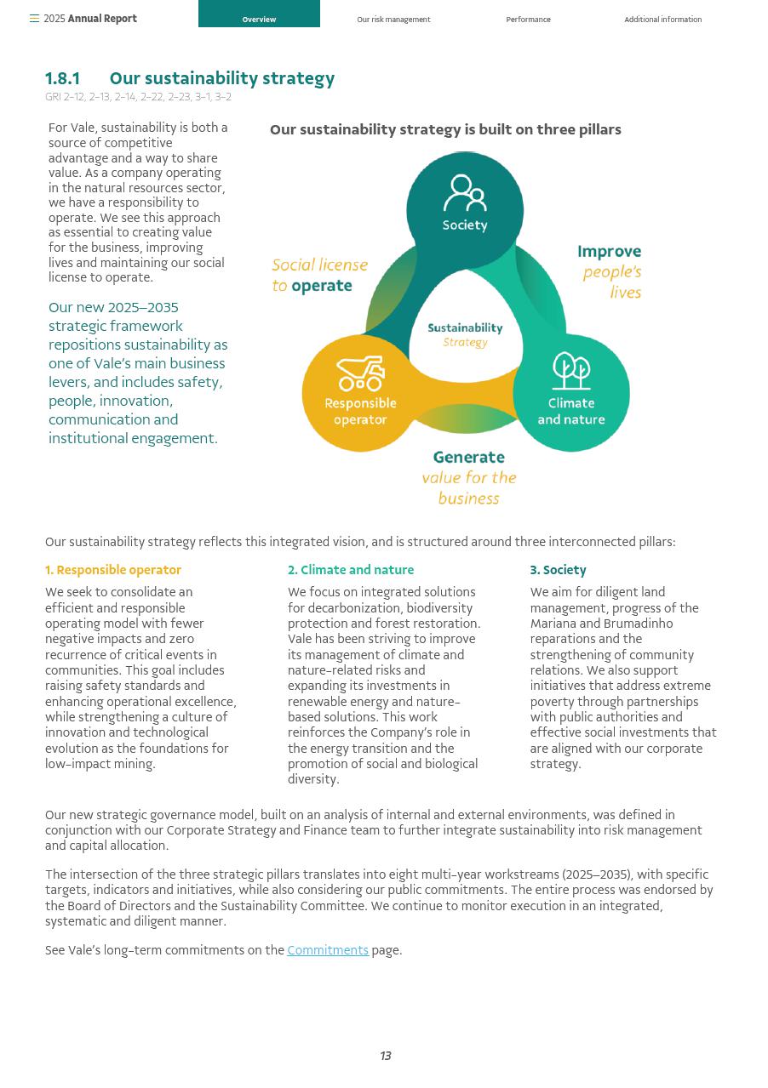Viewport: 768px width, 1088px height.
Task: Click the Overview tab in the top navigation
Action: click(259, 19)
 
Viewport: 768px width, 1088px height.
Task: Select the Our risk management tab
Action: click(393, 20)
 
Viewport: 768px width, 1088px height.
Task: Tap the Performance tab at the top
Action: click(528, 20)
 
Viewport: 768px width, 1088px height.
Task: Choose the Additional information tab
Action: click(662, 20)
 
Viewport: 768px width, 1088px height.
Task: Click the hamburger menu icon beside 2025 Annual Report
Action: click(34, 19)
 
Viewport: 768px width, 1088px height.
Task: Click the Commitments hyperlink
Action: click(328, 950)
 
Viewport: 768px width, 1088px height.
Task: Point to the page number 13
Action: click(386, 1056)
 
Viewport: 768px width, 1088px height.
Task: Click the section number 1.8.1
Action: click(63, 79)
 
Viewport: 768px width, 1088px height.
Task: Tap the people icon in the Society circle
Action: click(465, 193)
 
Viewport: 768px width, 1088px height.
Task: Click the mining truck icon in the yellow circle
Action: click(360, 373)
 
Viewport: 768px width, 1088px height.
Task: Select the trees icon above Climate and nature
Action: click(571, 372)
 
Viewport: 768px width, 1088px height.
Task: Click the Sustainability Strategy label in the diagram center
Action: click(465, 334)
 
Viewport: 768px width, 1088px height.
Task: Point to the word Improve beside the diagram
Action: click(609, 252)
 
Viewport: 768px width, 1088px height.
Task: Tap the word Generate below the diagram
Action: click(468, 458)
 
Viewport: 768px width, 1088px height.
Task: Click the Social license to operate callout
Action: click(319, 275)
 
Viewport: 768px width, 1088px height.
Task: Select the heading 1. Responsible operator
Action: click(113, 570)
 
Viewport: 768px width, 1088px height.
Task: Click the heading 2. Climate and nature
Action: click(351, 570)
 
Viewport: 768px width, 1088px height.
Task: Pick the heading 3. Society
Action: click(558, 570)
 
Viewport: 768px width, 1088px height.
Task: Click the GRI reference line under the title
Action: click(138, 97)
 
